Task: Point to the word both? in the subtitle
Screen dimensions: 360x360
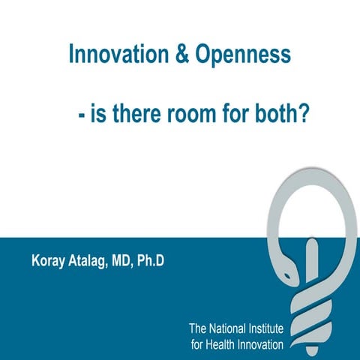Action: point(282,117)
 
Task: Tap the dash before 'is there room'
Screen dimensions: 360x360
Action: point(80,118)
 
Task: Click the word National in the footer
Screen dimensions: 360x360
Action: point(229,328)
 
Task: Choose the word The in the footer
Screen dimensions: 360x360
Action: point(198,328)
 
